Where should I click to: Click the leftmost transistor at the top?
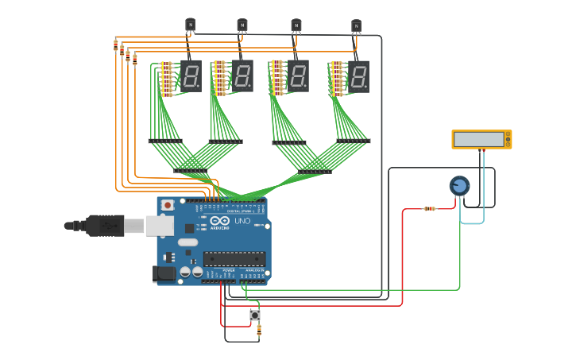point(190,25)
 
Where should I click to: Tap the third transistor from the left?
point(296,26)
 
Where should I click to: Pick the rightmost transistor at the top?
point(356,27)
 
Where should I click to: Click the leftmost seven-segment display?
point(191,76)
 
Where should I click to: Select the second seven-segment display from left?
point(243,76)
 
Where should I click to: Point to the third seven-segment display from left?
point(298,76)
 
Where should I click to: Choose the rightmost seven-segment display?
point(358,77)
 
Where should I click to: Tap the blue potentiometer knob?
point(459,186)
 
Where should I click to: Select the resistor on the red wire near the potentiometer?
point(429,209)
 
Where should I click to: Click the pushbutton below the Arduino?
point(255,315)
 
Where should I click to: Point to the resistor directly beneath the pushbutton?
point(258,330)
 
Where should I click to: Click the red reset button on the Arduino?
point(167,205)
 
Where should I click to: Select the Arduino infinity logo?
point(220,221)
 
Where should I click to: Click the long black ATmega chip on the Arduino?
point(234,257)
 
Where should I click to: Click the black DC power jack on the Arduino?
point(164,273)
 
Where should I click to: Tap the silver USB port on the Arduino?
point(159,226)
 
